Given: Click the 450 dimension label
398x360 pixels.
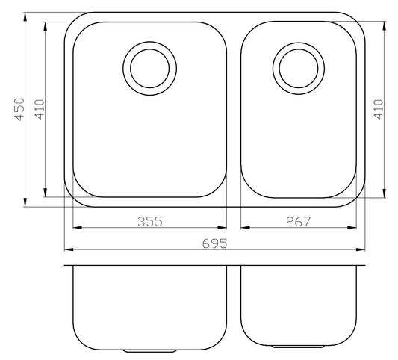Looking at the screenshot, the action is [x=19, y=109].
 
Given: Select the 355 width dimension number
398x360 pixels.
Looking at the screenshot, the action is [x=150, y=221].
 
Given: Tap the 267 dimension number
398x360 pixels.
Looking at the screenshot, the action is [x=298, y=221].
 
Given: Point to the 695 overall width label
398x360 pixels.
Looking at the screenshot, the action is [x=215, y=243].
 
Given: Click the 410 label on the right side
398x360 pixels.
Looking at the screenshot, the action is [x=379, y=109].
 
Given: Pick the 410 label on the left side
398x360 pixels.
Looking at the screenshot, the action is [x=40, y=109].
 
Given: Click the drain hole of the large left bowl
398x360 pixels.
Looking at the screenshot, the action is [x=150, y=68].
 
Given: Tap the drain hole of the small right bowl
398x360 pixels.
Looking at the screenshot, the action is [x=299, y=68].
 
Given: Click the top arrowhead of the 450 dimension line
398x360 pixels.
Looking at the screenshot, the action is [x=25, y=17].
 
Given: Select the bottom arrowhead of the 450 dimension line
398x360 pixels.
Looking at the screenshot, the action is [x=25, y=202].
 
